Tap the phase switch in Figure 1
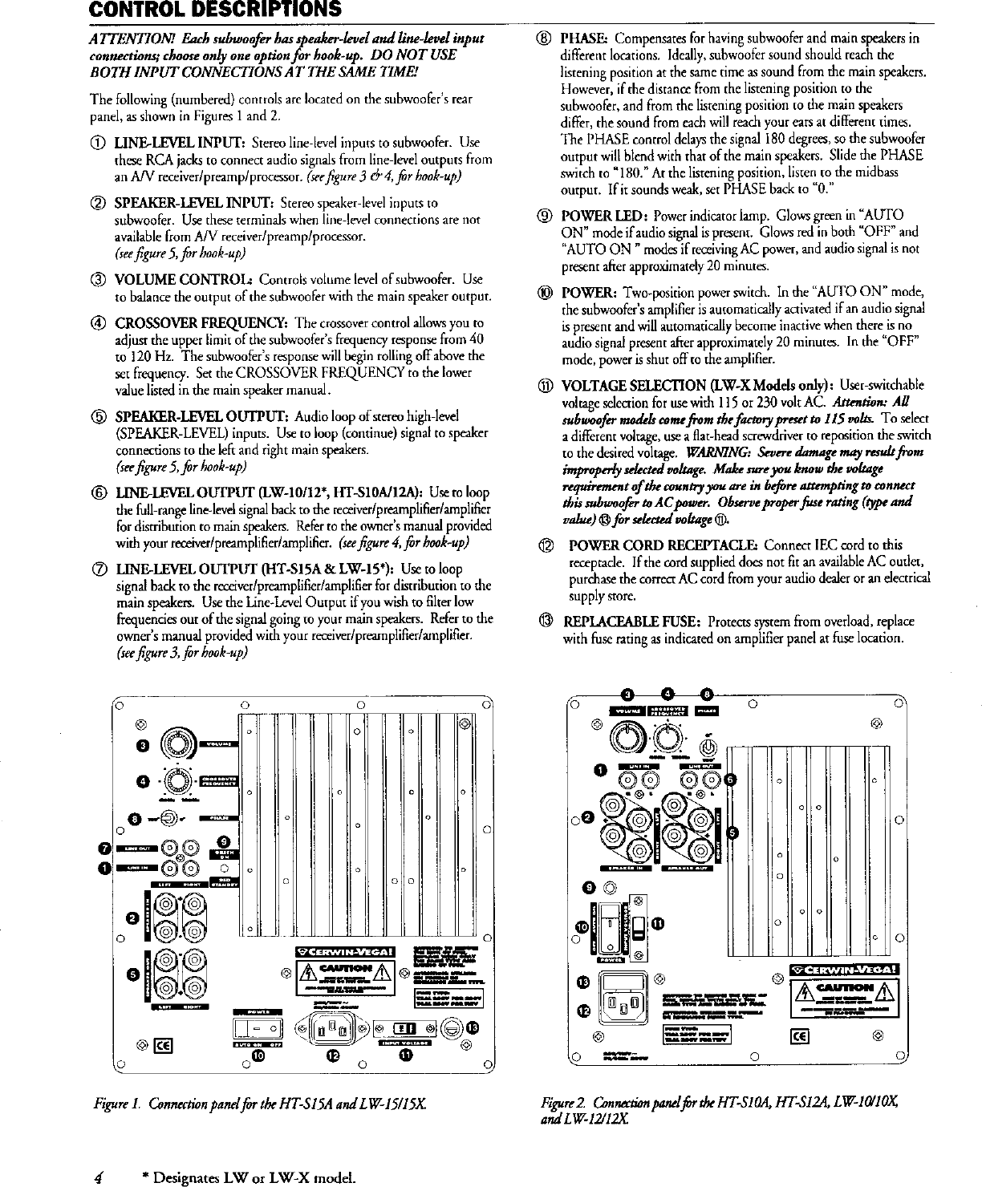(170, 818)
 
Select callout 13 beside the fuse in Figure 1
(473, 1028)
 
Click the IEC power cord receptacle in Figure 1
(331, 1027)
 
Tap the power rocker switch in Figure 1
(258, 1027)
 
